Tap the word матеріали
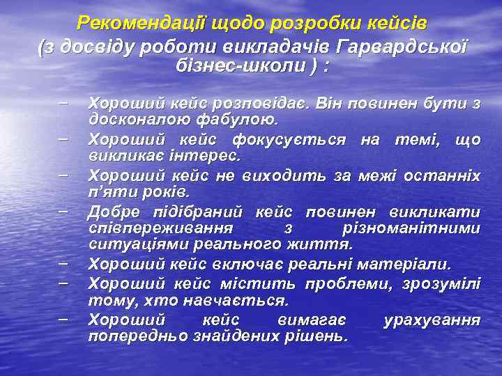(x=411, y=265)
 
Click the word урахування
(x=432, y=320)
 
